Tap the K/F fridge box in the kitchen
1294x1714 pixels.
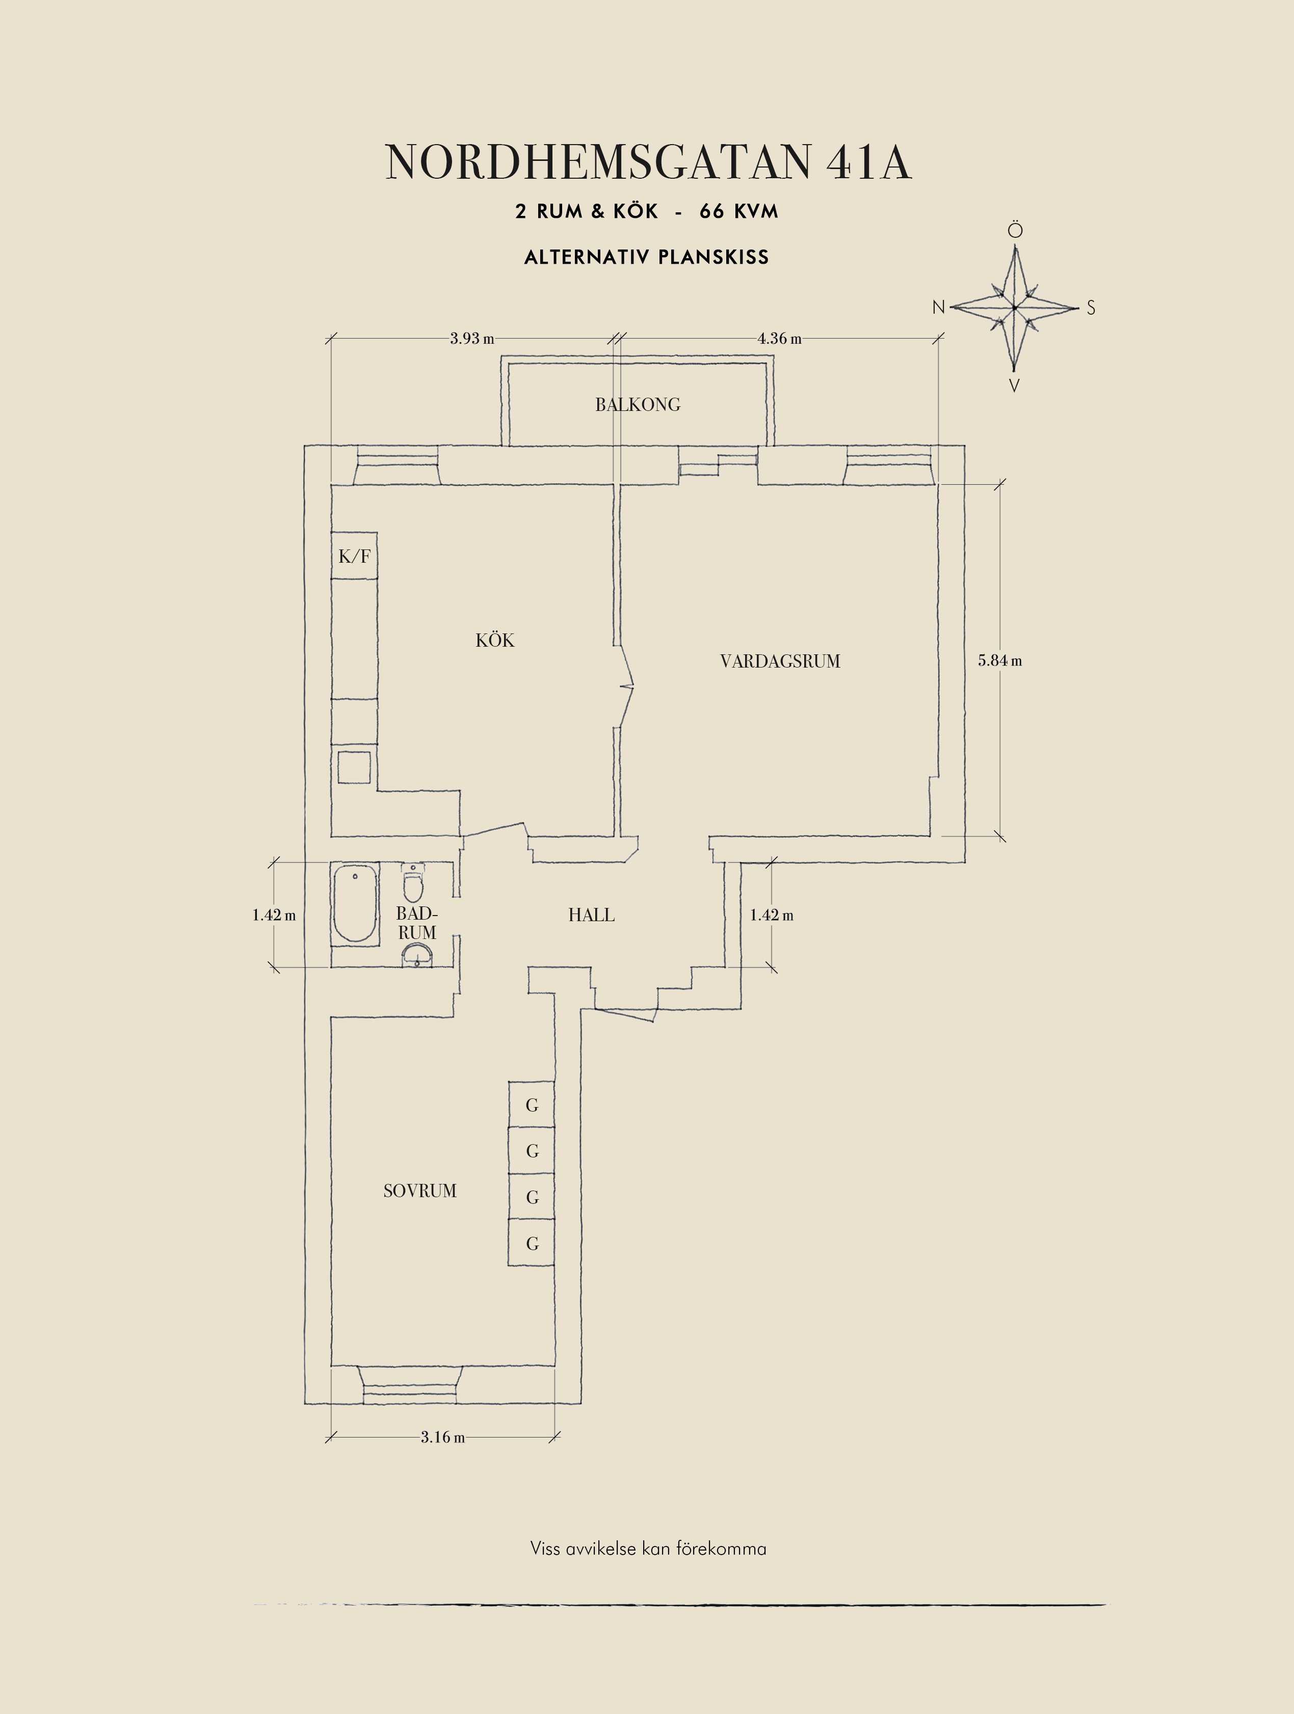click(x=354, y=556)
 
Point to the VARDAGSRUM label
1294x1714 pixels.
click(x=780, y=661)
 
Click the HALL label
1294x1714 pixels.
click(x=592, y=915)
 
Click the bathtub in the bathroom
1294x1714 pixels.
click(x=356, y=903)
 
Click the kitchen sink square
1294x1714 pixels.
click(x=354, y=767)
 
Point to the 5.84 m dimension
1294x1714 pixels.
click(x=999, y=661)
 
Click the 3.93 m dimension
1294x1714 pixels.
click(x=472, y=339)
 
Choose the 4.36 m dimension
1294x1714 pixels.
click(x=779, y=339)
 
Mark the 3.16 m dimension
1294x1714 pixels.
click(x=443, y=1437)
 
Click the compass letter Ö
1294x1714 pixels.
click(x=1015, y=230)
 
